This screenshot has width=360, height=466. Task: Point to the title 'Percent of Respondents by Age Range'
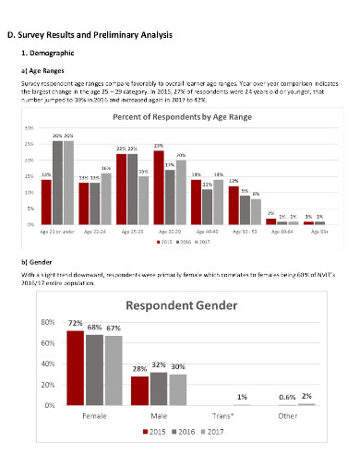click(x=183, y=118)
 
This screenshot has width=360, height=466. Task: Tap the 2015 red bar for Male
click(x=138, y=390)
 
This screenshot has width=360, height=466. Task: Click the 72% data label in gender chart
click(x=74, y=324)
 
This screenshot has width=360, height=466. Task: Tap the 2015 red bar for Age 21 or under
click(x=46, y=201)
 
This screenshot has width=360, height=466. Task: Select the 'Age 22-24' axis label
click(x=94, y=232)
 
